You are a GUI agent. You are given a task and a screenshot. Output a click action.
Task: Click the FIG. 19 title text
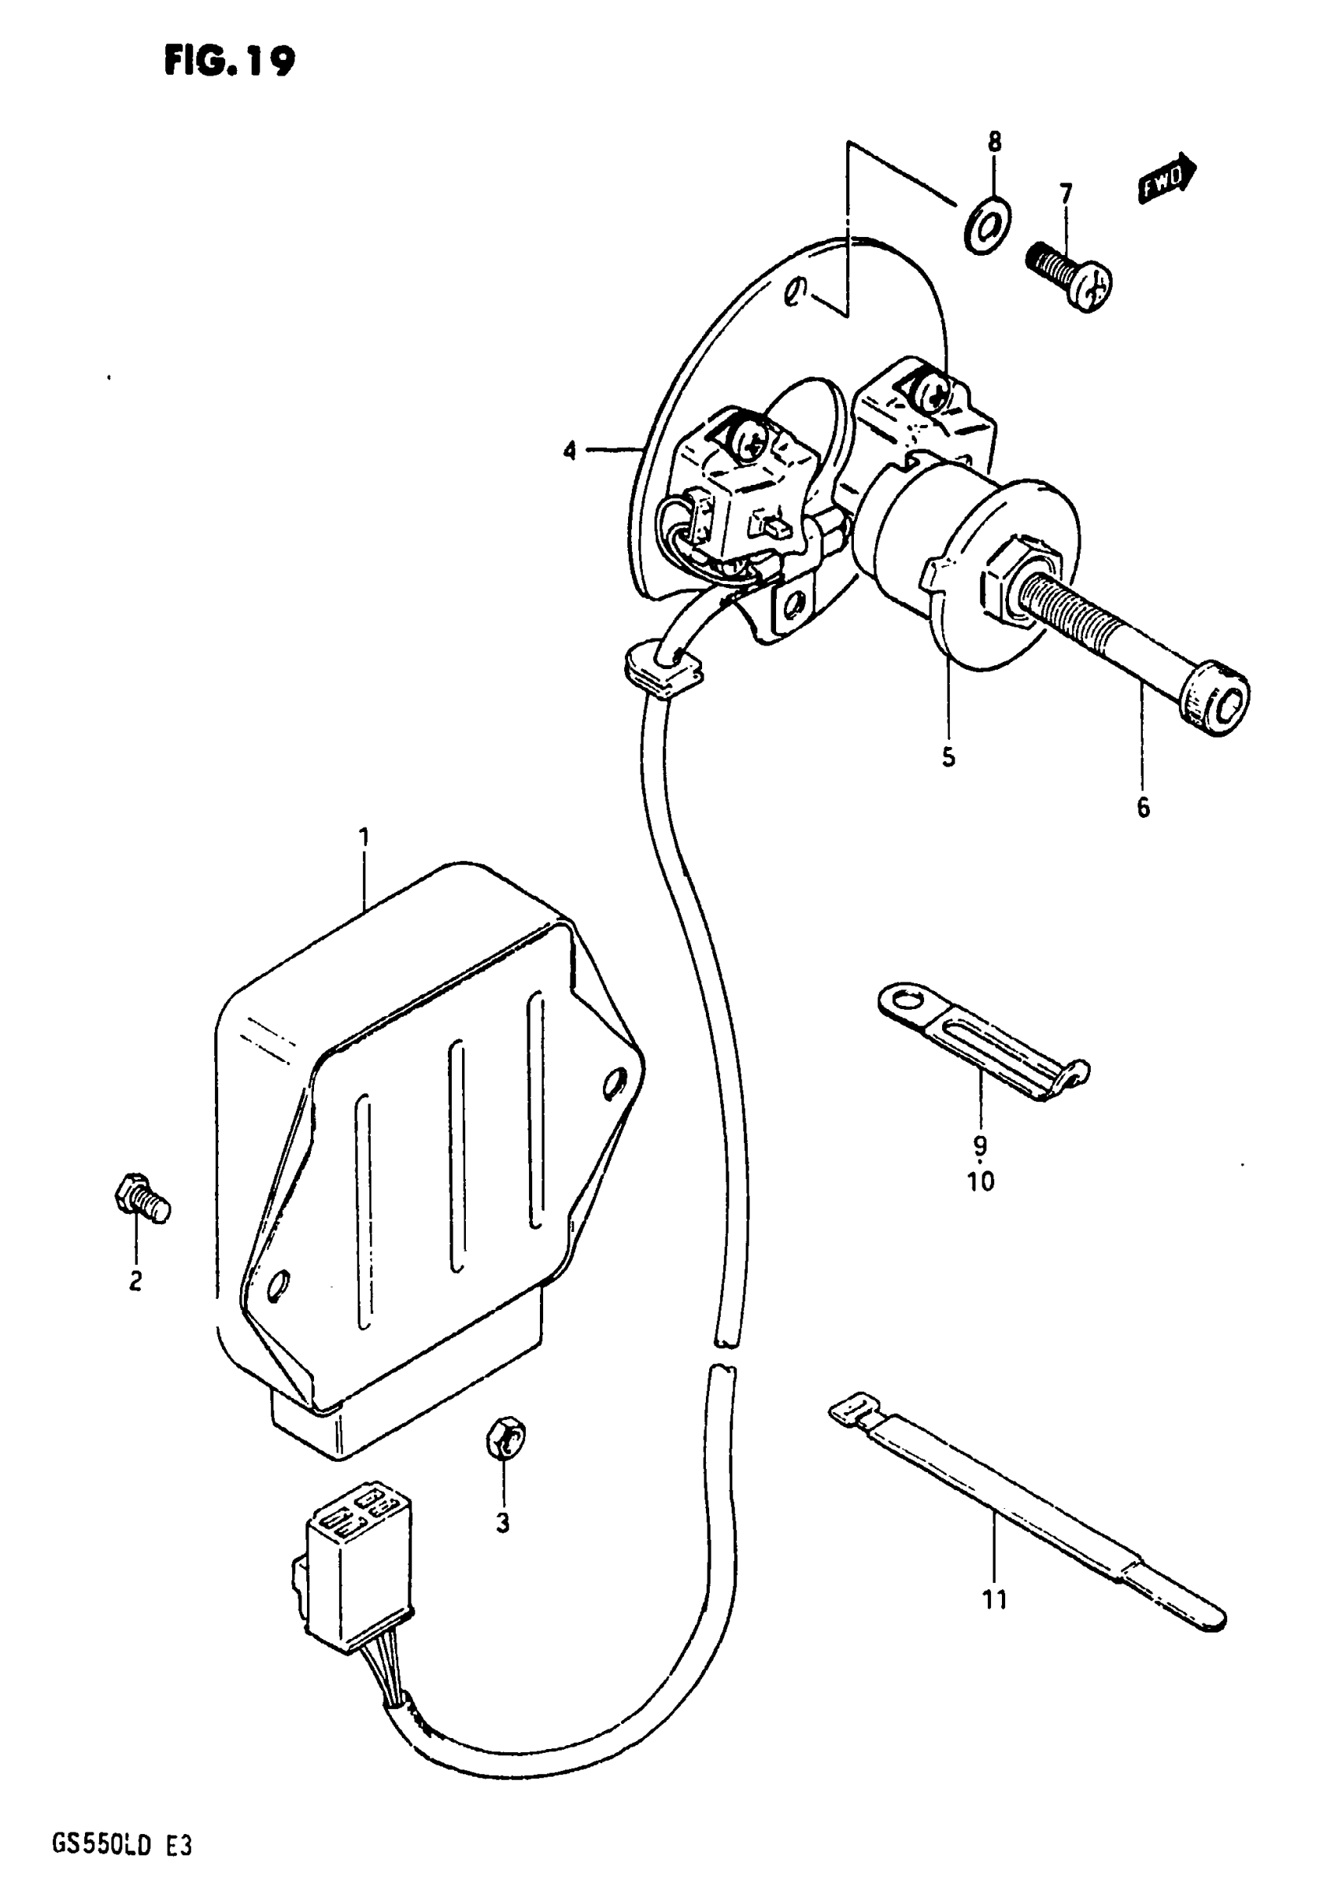coord(229,60)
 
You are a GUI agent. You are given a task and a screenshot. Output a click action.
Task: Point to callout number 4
coord(569,451)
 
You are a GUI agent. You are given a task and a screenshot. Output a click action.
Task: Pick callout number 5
coord(948,756)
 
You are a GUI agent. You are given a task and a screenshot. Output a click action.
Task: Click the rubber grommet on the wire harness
coord(663,667)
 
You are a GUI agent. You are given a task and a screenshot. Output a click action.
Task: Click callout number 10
coord(981,1182)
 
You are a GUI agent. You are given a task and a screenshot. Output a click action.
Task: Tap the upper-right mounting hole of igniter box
coord(615,1083)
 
